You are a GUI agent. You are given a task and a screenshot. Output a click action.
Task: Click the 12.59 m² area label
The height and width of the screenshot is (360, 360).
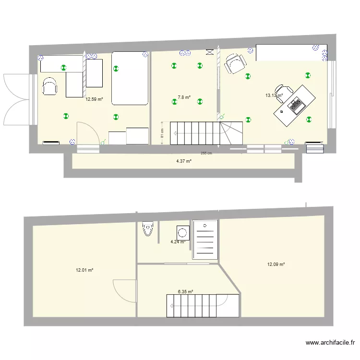[x=94, y=100]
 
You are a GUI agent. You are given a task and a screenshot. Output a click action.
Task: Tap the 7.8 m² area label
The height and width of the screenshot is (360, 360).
[x=184, y=97]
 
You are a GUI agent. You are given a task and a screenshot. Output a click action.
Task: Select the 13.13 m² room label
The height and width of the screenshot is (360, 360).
[x=274, y=96]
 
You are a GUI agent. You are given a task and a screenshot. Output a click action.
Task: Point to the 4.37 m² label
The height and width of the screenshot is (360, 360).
[x=184, y=161]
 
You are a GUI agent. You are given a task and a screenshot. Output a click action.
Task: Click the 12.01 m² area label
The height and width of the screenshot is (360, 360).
[x=84, y=270]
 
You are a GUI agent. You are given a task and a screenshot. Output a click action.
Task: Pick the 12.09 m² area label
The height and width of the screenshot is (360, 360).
[x=276, y=264]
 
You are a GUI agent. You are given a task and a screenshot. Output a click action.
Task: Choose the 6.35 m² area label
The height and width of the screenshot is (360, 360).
[x=185, y=291]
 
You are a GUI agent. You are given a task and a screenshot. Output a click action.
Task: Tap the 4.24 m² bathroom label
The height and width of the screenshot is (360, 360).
[x=178, y=242]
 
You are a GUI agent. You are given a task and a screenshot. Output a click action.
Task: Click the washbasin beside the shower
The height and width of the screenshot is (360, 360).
[x=182, y=233]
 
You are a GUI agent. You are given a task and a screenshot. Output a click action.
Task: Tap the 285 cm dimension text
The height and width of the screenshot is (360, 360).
[x=206, y=154]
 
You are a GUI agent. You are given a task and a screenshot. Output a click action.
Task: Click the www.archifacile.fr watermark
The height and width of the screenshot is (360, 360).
[x=331, y=343]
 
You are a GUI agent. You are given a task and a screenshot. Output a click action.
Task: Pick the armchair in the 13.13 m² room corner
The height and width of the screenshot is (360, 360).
[x=236, y=64]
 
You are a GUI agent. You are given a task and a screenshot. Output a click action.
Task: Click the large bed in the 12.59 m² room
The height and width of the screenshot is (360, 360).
[x=130, y=78]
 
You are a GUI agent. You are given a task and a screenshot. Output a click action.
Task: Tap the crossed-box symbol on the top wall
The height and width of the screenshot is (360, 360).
[x=209, y=53]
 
